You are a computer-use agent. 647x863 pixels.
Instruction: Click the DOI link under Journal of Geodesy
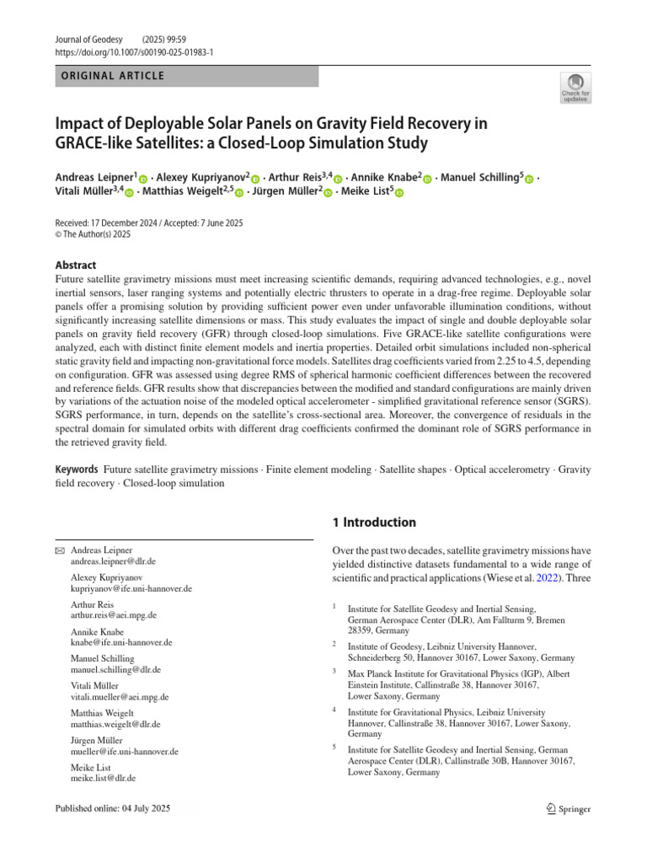[x=134, y=51]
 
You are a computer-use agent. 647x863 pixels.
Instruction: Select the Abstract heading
[x=76, y=265]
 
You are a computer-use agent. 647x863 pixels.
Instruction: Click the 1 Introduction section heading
[x=374, y=523]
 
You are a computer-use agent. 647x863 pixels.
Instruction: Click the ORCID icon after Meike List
[x=399, y=192]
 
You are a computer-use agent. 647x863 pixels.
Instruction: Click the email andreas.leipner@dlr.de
[x=114, y=560]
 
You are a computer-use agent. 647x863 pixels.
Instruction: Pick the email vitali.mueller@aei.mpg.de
[x=120, y=697]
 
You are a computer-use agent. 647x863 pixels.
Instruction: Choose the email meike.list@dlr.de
[x=104, y=778]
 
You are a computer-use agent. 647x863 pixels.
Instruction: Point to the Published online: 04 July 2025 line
[x=112, y=809]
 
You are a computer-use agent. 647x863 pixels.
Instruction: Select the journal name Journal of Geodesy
[x=89, y=40]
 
